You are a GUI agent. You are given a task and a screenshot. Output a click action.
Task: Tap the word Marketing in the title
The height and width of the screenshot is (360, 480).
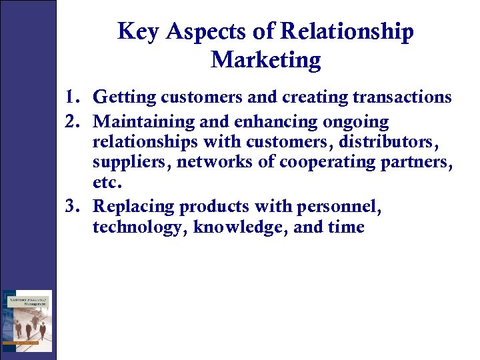pos(265,60)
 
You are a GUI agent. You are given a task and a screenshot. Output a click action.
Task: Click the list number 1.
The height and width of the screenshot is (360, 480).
pos(73,97)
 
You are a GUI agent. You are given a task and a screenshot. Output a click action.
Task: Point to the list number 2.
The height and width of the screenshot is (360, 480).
pos(73,123)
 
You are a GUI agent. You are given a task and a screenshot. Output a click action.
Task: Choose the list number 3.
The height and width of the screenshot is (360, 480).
pos(73,207)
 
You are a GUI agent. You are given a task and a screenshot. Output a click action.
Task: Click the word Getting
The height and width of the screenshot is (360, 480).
pos(125,97)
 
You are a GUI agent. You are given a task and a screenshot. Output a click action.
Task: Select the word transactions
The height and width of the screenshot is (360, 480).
pos(402,97)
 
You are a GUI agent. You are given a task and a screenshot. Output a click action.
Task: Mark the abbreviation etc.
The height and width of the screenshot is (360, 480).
pos(107,181)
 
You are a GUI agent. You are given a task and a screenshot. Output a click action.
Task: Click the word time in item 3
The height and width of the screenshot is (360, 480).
pos(346,227)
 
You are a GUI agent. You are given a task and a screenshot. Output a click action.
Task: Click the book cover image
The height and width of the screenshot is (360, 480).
pos(27,320)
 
